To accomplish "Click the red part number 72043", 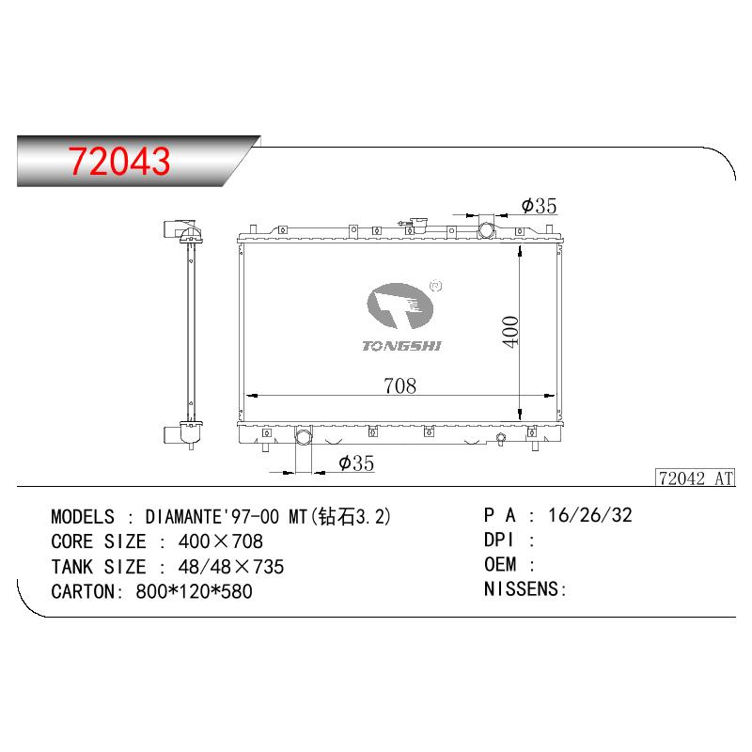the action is point(119,161).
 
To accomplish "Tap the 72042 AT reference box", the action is point(696,478).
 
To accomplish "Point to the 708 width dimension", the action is point(400,385).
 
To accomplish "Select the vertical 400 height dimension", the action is point(510,332).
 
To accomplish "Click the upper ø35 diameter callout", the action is point(539,206).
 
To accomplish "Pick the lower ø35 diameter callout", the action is point(356,463).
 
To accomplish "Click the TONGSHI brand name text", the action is point(401,345).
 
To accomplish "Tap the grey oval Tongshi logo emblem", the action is point(400,306).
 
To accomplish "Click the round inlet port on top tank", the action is point(486,229).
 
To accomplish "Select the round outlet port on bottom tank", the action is point(304,436).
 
